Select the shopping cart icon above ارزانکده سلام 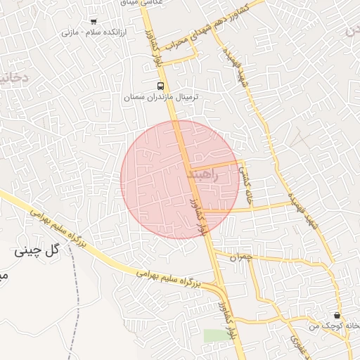pyautogui.click(x=94, y=22)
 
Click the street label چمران pyautogui.click(x=240, y=258)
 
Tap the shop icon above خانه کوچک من pyautogui.click(x=337, y=316)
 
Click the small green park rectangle pyautogui.click(x=217, y=335)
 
